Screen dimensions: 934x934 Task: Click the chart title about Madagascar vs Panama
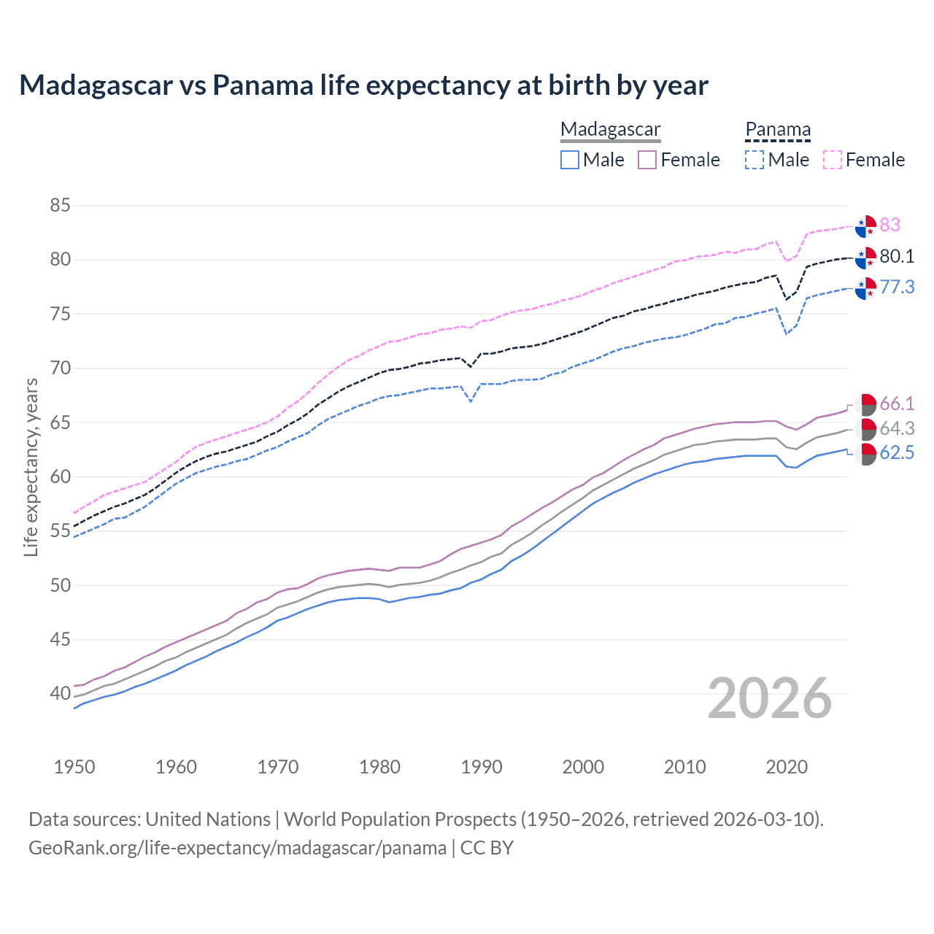click(363, 85)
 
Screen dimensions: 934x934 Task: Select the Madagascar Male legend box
click(570, 160)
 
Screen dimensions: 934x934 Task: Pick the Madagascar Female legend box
click(647, 160)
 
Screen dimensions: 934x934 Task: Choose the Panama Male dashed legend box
click(754, 160)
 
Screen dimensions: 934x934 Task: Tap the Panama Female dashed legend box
click(833, 160)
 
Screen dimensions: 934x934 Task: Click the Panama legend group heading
click(778, 129)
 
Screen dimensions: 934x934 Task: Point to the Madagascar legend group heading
click(610, 129)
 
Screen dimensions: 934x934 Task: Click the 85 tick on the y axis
click(60, 206)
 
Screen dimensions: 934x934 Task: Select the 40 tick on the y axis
click(60, 693)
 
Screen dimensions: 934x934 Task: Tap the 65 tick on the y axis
click(60, 422)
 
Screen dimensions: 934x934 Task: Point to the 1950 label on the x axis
click(74, 767)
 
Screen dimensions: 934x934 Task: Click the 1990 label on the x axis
click(482, 767)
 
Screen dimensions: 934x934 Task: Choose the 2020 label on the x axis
click(787, 767)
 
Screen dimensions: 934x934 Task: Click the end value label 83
click(889, 225)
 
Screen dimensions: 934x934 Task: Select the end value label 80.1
click(897, 256)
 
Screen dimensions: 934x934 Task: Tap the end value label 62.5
click(897, 453)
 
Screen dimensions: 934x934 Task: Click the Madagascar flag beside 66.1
click(865, 404)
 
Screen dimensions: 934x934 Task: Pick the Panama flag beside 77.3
click(865, 288)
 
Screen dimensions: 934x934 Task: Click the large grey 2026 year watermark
click(769, 698)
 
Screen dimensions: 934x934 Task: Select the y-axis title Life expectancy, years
click(31, 467)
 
